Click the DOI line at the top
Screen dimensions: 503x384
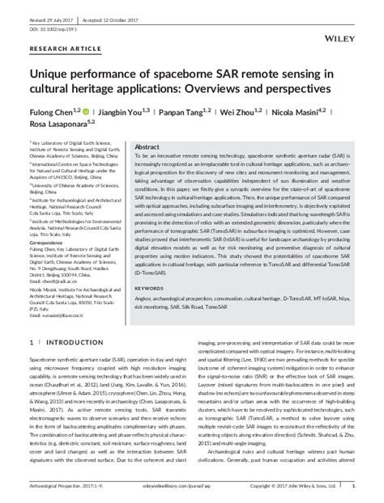tap(53, 15)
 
